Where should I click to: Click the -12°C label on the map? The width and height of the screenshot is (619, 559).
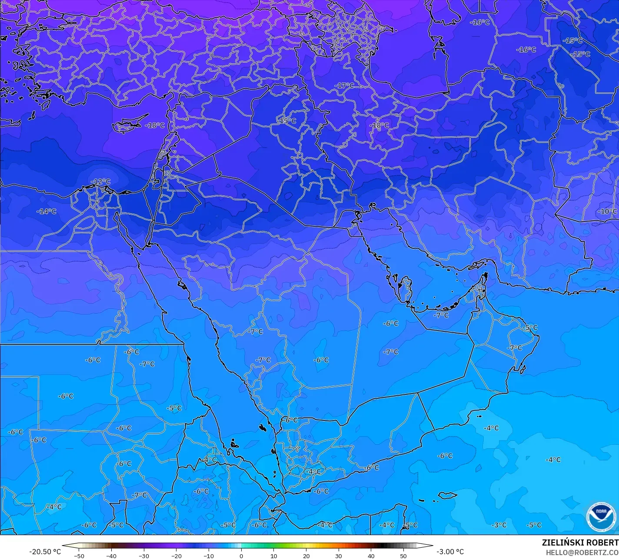[100, 182]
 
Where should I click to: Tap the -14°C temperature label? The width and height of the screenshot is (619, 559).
[47, 212]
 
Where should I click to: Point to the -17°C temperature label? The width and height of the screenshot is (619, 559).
[344, 86]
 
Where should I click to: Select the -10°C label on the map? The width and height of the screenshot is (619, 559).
[607, 212]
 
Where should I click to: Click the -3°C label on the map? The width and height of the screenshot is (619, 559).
[499, 525]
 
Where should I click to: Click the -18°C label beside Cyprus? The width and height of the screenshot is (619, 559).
[155, 125]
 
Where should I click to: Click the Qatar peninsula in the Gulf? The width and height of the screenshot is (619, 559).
[406, 290]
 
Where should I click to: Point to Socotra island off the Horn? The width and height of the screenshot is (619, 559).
[447, 495]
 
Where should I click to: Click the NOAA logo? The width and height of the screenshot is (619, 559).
[601, 517]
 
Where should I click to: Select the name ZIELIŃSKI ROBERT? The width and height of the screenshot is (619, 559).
[580, 542]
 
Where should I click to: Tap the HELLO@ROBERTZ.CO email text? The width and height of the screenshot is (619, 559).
[582, 552]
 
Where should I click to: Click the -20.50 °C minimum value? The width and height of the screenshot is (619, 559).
[45, 552]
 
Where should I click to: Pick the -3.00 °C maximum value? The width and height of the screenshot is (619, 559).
[450, 552]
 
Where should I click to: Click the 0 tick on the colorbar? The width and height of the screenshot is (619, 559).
[241, 556]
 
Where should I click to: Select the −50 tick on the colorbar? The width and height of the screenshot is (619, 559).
[79, 556]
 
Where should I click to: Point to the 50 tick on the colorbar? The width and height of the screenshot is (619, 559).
[403, 556]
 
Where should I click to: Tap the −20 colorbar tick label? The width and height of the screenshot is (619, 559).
[176, 556]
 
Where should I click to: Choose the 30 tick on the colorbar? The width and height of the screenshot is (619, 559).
[339, 556]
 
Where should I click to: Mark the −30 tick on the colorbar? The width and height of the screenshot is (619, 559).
[144, 556]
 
